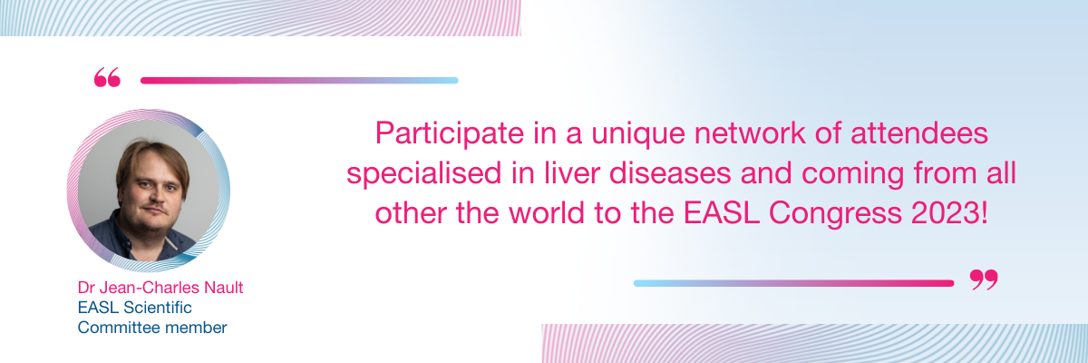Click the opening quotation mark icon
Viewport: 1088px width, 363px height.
tap(107, 78)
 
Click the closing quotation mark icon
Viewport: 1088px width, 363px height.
tap(984, 280)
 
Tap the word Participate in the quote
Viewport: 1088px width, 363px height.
tap(450, 133)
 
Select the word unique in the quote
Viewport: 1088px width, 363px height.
tap(638, 134)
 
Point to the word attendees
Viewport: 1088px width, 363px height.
tap(919, 133)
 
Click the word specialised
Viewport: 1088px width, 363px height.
tap(423, 174)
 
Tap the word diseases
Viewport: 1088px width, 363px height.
tap(670, 173)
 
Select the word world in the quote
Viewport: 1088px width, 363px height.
tap(546, 213)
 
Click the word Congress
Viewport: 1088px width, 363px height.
tap(835, 214)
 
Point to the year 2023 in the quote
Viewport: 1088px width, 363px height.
tap(947, 213)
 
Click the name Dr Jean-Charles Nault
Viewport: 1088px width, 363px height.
tap(160, 288)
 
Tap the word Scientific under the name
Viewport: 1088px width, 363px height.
tap(158, 308)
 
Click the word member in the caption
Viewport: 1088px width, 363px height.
tap(189, 328)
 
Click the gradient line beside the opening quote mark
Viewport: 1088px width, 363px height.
tap(299, 81)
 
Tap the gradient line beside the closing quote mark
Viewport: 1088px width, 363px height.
tap(793, 283)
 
